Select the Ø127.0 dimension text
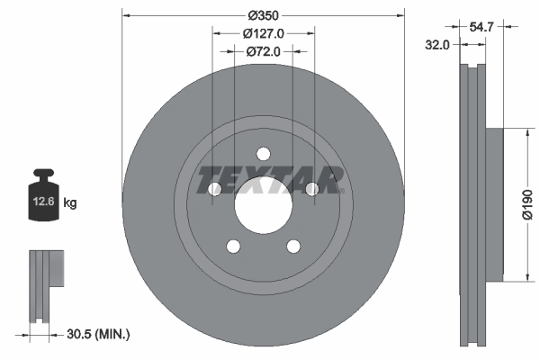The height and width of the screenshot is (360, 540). [x=264, y=33]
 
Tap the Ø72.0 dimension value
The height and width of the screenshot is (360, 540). [x=264, y=51]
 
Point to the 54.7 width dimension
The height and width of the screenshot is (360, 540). [x=482, y=28]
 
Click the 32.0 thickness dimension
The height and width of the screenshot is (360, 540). [x=438, y=44]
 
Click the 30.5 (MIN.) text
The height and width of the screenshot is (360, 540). [x=99, y=334]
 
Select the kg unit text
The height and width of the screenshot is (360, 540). [x=70, y=203]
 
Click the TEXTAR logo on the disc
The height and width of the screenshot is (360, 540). [x=271, y=179]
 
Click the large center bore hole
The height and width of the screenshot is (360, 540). [x=263, y=204]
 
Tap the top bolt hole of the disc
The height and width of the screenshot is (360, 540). [x=263, y=154]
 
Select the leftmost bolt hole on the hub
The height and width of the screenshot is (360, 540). [x=214, y=189]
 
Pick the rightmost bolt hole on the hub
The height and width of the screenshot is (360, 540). [x=311, y=189]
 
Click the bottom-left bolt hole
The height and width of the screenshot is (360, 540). [x=233, y=246]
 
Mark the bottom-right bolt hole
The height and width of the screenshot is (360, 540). [x=292, y=246]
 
